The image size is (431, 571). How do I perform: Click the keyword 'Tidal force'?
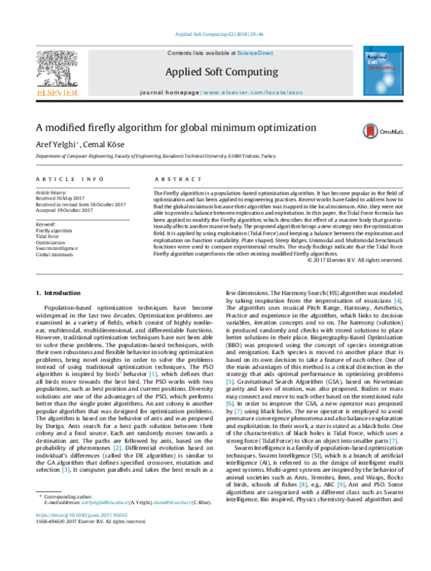(x=48, y=215)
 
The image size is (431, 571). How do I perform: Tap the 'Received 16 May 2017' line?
(x=62, y=198)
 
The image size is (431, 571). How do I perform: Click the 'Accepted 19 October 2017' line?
(x=65, y=209)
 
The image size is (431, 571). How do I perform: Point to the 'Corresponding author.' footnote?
(x=68, y=537)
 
